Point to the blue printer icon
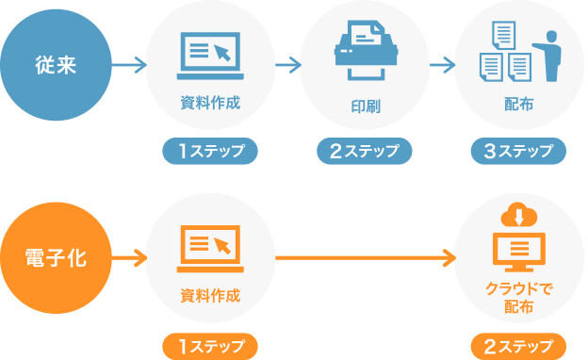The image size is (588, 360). pos(363,52)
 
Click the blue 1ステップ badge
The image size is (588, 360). pos(210,151)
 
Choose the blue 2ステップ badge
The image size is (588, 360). pos(364,151)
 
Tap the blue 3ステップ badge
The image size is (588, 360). pos(518,151)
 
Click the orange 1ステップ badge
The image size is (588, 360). pos(210,345)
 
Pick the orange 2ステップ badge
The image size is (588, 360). pos(518,345)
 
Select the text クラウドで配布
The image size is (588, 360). pos(518,298)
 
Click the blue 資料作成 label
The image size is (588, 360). pos(210,103)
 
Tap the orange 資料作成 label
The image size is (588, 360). pos(210,296)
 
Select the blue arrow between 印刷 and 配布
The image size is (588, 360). pos(440,66)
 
